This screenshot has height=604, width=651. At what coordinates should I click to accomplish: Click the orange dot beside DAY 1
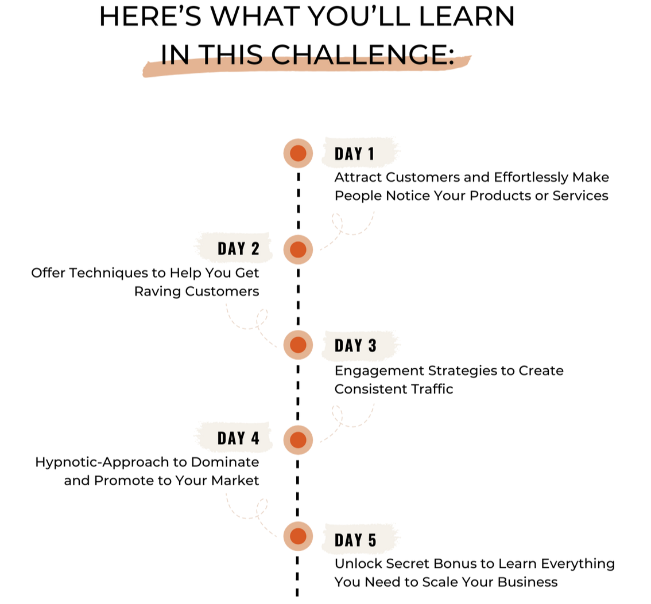298,153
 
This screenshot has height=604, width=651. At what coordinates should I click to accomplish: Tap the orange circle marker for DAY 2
298,250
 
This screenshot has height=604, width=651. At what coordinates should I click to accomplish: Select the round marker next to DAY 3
298,345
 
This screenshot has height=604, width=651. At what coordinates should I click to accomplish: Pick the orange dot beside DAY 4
298,440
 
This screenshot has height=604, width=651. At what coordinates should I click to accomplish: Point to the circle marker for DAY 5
298,536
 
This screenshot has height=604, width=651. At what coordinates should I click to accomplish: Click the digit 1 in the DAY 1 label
370,154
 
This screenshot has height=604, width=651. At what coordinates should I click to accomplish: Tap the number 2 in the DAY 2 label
255,249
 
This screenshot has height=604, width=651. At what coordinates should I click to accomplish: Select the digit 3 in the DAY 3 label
371,345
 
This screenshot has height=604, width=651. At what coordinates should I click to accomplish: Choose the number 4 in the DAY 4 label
254,438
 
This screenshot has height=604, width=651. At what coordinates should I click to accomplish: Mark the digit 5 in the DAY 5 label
371,540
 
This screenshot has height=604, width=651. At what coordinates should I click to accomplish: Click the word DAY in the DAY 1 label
348,154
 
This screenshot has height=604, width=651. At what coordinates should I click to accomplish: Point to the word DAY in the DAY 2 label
231,249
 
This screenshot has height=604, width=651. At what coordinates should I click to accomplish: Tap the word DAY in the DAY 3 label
348,345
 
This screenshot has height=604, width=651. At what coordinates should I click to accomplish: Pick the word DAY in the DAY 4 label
231,438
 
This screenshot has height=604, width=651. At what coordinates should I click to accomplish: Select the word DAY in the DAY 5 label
348,540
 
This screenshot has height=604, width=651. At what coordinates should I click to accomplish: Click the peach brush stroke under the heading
307,68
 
